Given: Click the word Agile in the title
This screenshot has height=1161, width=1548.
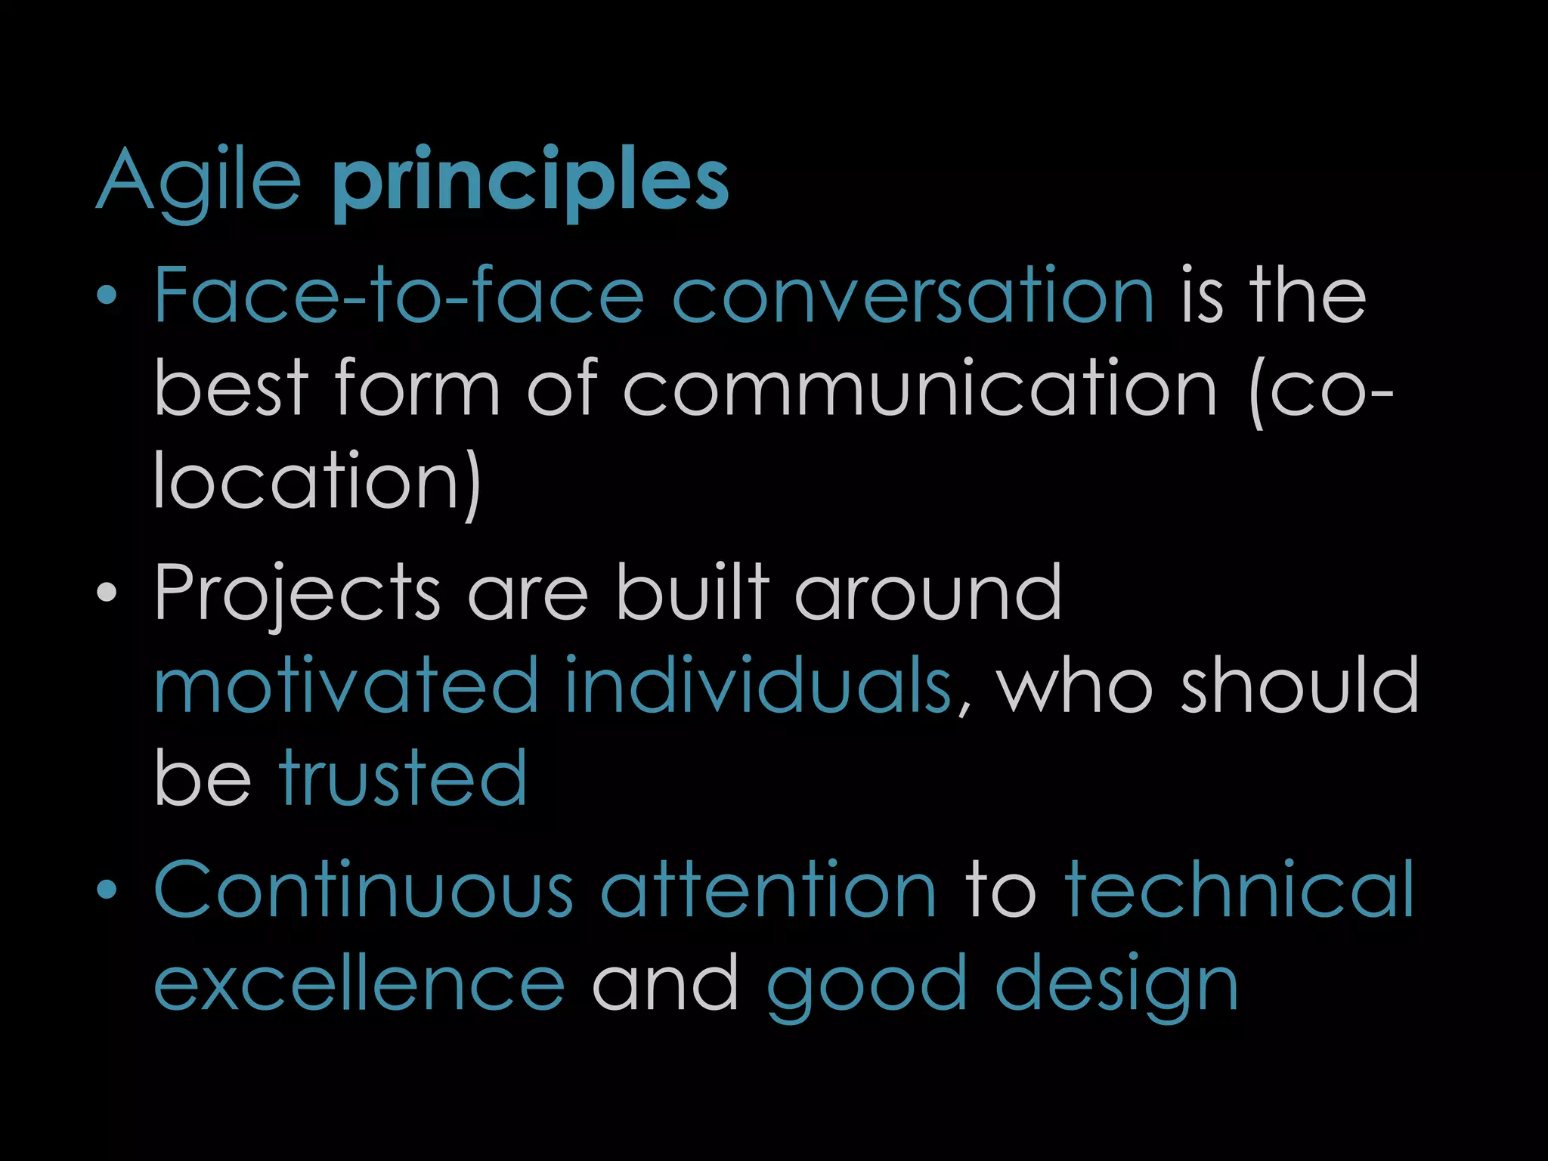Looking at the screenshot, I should (x=199, y=181).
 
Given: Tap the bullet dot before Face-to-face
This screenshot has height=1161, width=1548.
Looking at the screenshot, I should (x=107, y=296).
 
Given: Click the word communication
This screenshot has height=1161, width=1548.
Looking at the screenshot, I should (x=920, y=389).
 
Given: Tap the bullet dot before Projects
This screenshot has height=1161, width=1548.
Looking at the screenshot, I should (x=107, y=593).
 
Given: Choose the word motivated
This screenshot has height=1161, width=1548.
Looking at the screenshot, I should (x=346, y=685).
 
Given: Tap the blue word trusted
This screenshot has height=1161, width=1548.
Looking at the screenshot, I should (x=403, y=778).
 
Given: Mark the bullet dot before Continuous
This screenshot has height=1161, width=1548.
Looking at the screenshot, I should (x=107, y=890).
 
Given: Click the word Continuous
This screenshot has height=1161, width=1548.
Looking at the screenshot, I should (x=364, y=890).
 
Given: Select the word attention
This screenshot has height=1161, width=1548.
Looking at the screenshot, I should (x=769, y=890).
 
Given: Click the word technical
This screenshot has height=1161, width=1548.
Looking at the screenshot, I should (x=1239, y=890).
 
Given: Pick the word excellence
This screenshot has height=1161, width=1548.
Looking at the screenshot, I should (x=359, y=983).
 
